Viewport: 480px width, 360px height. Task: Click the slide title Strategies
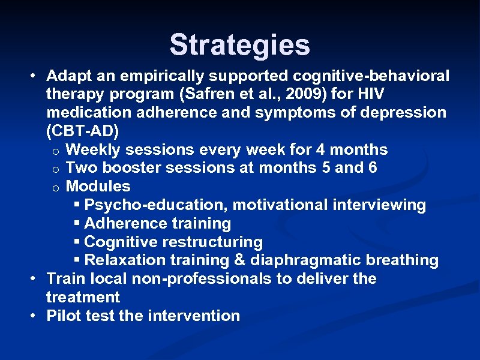point(239,45)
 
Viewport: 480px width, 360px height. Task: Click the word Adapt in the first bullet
point(67,76)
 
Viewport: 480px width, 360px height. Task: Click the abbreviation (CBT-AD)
point(83,131)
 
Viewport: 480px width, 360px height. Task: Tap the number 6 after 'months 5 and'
point(373,168)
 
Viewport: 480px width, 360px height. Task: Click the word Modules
point(98,187)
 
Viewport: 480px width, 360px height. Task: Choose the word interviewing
point(387,205)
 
